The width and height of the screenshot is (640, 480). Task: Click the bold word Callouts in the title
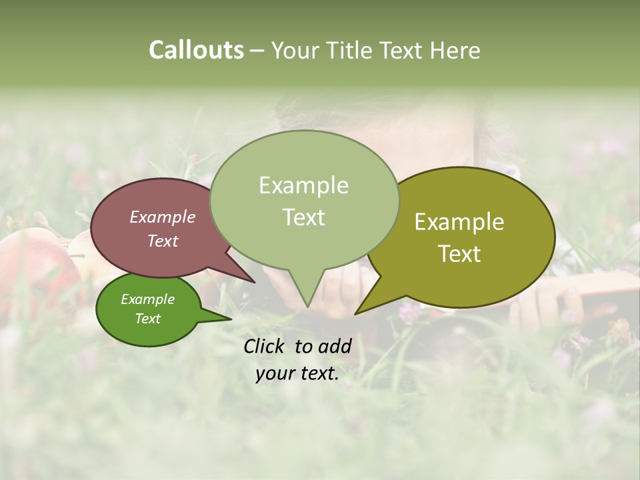coord(196,50)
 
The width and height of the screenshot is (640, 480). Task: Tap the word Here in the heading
coord(456,51)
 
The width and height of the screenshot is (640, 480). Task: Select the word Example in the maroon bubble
coord(163,217)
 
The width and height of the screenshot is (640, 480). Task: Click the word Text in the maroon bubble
coord(163,241)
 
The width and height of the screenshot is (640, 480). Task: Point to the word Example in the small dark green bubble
coord(147,299)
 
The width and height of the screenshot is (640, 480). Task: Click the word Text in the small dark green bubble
coord(147,319)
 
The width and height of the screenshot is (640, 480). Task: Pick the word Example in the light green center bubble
coord(303,185)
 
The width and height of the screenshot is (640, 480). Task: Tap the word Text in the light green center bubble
coord(303,217)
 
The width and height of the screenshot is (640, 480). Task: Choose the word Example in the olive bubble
coord(459,222)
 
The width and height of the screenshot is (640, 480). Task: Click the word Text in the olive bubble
coord(459,254)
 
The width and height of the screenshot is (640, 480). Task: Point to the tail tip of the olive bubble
coord(357,313)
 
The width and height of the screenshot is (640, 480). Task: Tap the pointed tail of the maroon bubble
coord(253,281)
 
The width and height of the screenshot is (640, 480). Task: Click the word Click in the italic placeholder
coord(266,346)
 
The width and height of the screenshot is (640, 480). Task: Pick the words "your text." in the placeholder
coord(297,374)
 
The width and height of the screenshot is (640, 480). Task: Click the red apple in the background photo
coord(33,267)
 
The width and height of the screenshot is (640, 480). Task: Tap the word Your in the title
coord(297,51)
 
